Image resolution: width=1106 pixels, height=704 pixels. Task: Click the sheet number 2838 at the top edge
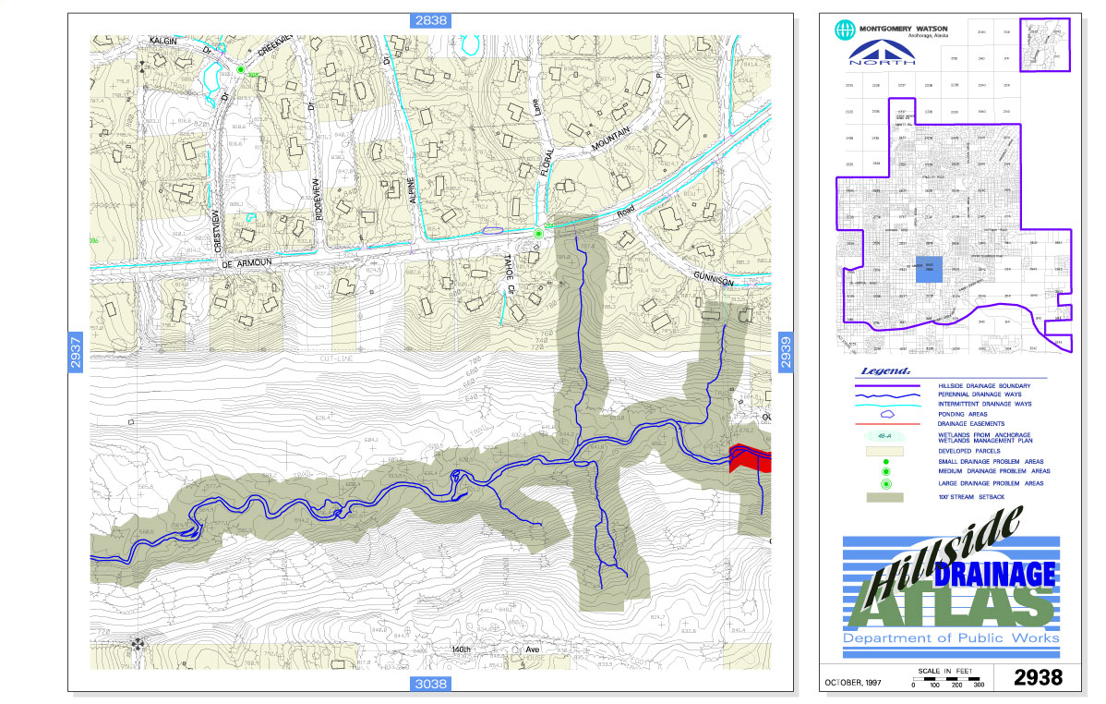[430, 21]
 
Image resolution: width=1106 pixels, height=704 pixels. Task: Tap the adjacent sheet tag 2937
[77, 352]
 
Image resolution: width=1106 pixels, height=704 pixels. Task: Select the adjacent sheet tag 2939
[787, 352]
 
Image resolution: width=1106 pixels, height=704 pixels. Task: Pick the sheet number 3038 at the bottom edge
[430, 684]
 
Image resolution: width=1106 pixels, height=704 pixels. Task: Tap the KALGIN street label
[168, 42]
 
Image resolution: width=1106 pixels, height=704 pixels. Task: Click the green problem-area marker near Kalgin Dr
[241, 70]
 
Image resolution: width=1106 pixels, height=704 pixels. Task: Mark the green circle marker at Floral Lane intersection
[538, 235]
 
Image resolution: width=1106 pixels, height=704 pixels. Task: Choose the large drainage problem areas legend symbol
[885, 483]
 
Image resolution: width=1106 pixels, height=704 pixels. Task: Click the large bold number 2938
[1039, 677]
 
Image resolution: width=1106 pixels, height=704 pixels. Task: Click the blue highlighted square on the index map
[931, 269]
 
